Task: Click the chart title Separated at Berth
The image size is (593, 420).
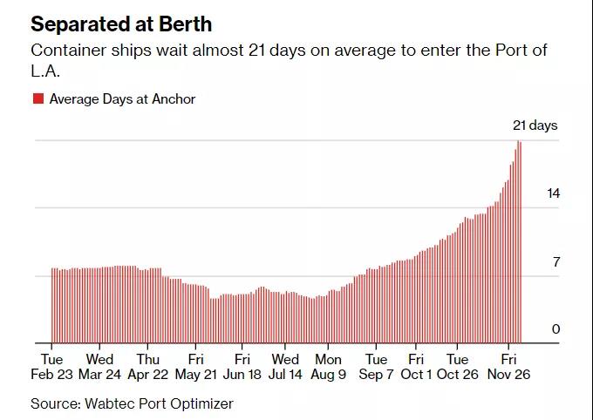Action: pos(121,23)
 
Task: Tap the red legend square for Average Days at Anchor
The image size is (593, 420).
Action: pos(38,99)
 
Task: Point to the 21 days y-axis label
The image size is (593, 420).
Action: pos(535,125)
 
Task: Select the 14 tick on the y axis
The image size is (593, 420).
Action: pos(553,193)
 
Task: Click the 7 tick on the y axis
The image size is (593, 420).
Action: pos(556,261)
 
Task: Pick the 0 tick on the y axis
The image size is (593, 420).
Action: pos(556,329)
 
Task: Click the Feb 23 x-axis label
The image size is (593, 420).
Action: pos(51,375)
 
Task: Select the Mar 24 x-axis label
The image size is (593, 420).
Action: pos(99,375)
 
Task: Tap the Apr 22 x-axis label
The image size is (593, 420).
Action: pos(148,375)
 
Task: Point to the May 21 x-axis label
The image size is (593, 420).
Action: pos(196,375)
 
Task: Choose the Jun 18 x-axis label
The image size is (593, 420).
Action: pos(242,375)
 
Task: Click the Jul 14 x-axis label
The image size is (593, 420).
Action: pos(285,375)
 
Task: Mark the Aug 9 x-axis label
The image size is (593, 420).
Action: pos(329,375)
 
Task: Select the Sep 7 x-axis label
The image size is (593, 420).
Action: pos(376,375)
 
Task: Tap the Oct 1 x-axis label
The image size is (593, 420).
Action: pos(416,375)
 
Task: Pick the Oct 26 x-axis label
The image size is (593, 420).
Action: pos(458,375)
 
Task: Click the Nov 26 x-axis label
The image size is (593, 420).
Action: pos(509,375)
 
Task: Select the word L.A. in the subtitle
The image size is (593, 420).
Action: pos(44,70)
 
